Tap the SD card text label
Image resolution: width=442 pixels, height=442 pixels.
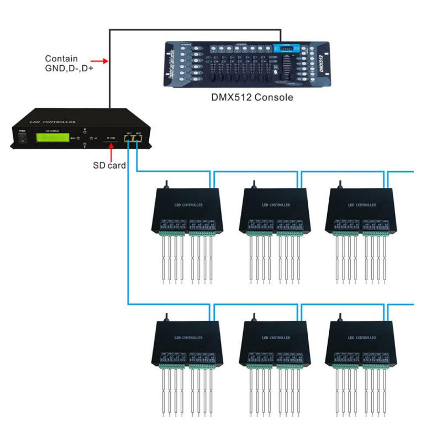[109, 165]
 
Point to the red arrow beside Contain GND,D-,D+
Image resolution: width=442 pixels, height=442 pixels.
[98, 60]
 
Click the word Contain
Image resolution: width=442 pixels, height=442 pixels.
[61, 59]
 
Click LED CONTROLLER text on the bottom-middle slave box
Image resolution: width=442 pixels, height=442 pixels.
[275, 338]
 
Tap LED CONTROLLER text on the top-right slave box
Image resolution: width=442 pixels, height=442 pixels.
[361, 205]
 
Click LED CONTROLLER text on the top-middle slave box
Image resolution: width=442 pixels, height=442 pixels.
[275, 205]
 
